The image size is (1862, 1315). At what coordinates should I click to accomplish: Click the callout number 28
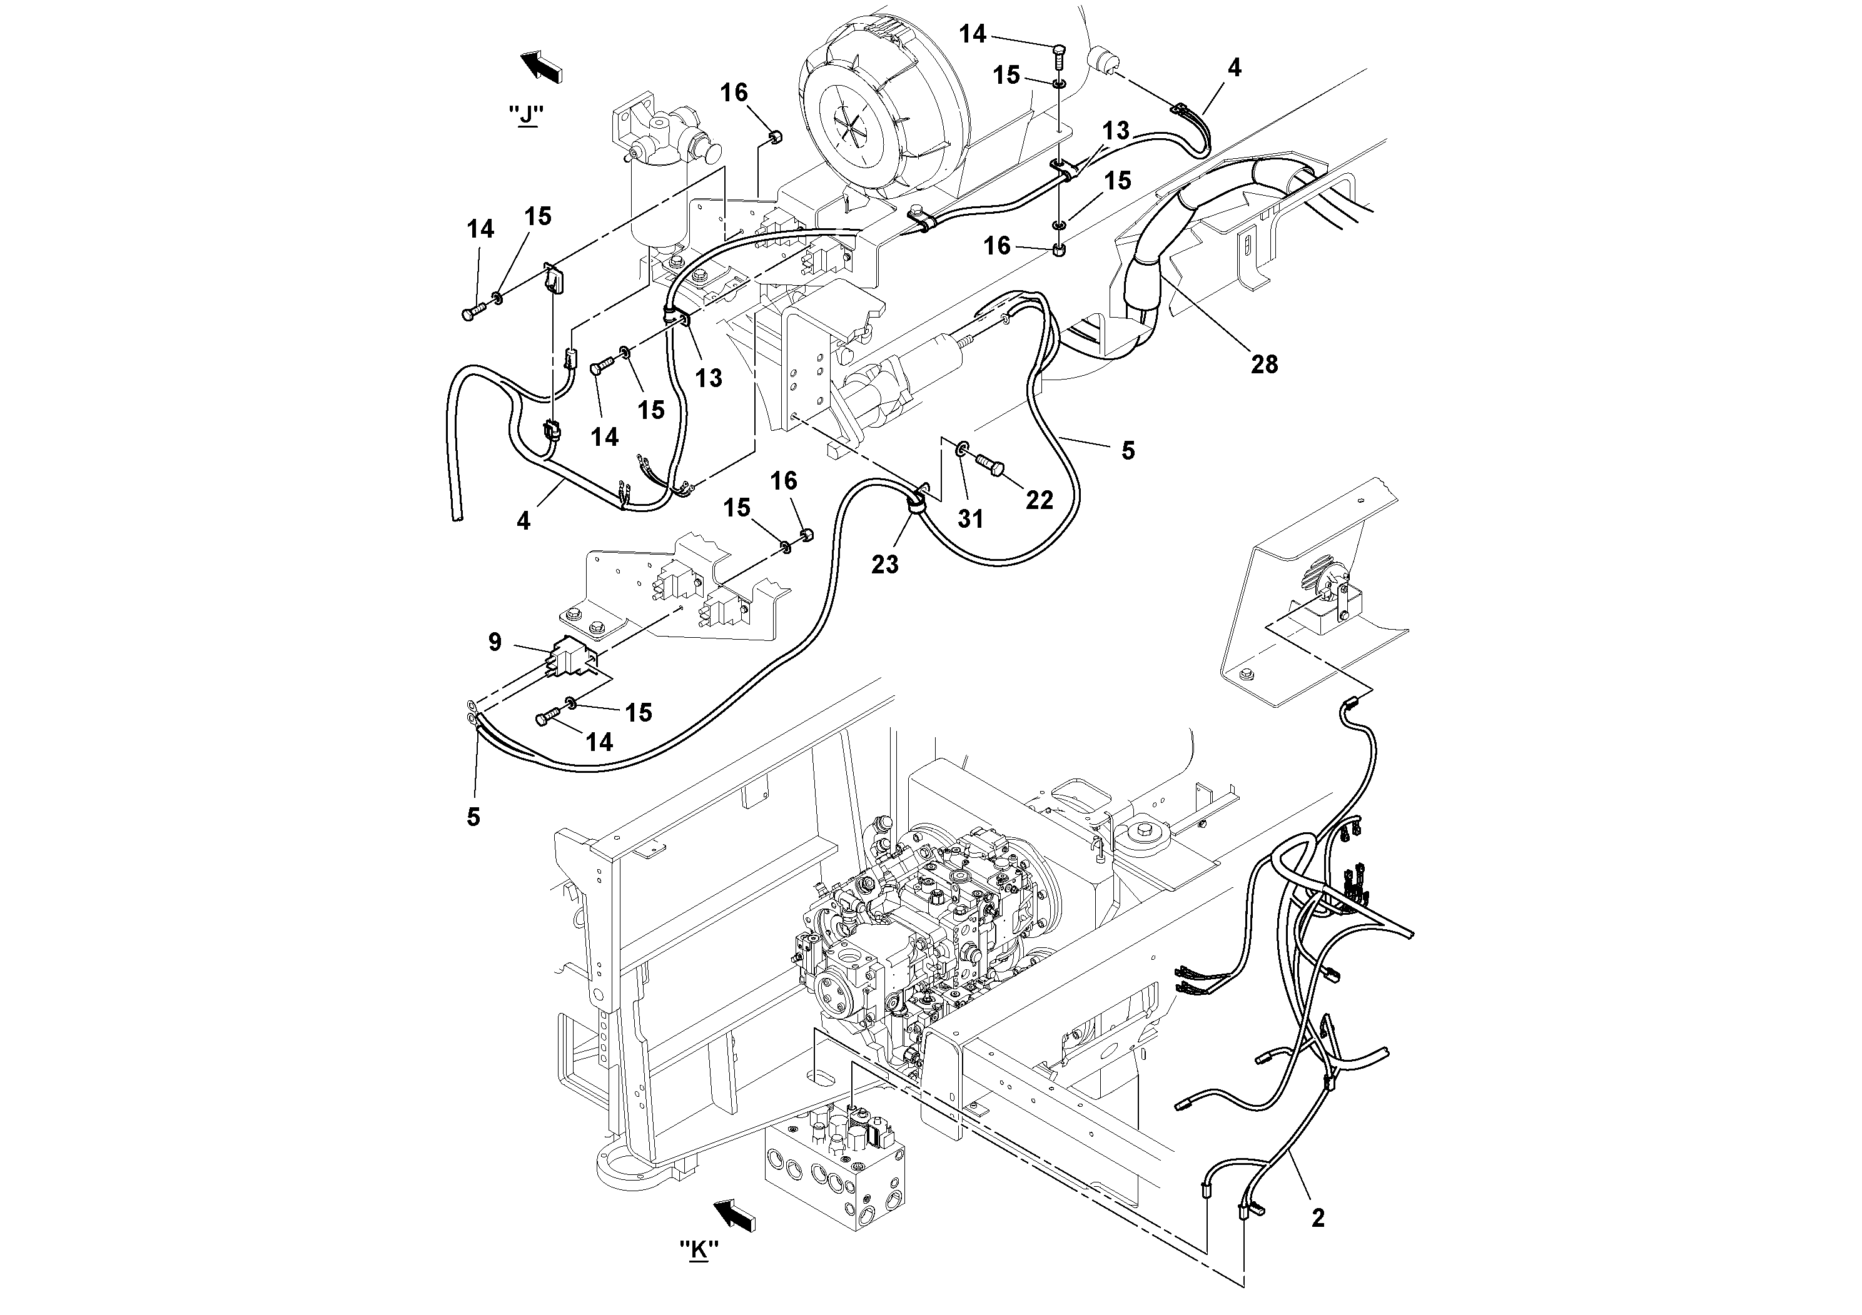[1263, 365]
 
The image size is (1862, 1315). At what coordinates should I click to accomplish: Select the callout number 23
[885, 563]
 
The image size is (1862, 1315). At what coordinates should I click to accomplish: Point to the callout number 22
[1039, 500]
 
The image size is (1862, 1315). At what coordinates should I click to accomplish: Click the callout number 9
[495, 642]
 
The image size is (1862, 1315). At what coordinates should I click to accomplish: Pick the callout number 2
[1318, 1217]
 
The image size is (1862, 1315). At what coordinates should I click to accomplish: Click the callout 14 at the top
[973, 34]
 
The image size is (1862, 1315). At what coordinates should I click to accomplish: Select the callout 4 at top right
[1233, 68]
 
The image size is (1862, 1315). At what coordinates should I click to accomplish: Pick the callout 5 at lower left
[473, 817]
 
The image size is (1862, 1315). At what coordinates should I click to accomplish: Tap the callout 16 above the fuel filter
[734, 93]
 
